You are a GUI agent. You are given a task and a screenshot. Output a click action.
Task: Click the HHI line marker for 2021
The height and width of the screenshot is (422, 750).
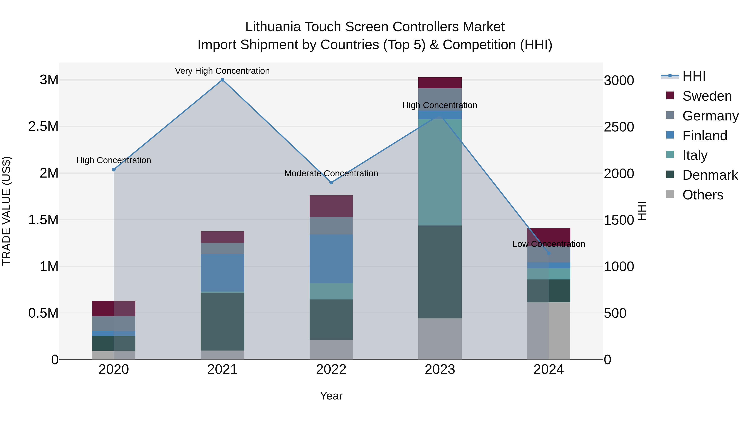click(222, 80)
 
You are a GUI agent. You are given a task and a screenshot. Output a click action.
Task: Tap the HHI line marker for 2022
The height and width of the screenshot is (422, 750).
click(331, 183)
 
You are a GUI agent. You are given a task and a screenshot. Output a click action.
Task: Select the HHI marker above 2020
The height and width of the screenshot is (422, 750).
click(114, 169)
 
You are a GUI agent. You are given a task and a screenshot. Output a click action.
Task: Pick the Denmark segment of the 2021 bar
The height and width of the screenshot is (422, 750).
click(222, 322)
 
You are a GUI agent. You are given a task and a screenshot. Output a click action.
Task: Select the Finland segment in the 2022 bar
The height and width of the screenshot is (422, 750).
click(331, 259)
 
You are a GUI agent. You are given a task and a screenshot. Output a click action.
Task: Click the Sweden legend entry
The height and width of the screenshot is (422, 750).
click(707, 96)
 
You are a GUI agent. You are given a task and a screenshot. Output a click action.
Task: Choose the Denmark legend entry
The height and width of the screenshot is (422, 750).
click(710, 175)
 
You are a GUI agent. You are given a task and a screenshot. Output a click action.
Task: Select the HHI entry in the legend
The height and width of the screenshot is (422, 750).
click(694, 76)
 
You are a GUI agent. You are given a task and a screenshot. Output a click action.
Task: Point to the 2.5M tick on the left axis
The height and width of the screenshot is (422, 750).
click(43, 126)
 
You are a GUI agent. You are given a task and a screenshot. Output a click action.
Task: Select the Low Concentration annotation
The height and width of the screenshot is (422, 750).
click(549, 244)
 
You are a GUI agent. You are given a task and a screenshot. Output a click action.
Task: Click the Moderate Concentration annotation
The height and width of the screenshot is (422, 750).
click(331, 173)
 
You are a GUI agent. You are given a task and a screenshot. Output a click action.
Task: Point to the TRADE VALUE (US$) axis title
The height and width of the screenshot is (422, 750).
click(6, 211)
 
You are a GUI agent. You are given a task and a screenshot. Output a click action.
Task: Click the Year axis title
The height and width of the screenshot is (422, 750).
click(331, 396)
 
